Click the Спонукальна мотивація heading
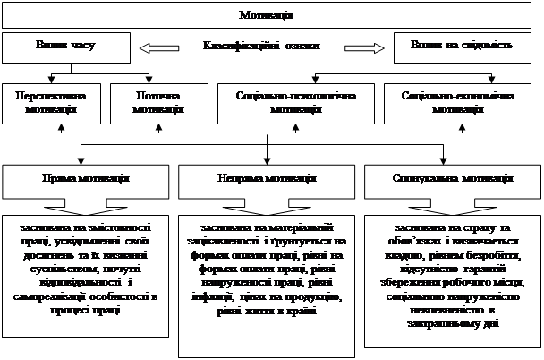(451, 177)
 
